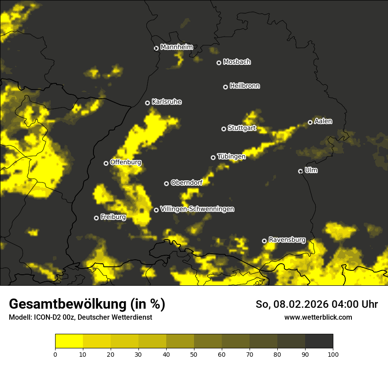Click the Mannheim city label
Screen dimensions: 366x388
176,47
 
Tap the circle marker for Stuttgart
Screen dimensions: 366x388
224,129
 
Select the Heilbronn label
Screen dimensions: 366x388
245,86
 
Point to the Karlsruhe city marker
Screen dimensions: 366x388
148,103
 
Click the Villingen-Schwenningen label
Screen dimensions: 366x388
197,209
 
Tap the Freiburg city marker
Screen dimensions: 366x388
97,218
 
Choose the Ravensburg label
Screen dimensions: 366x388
287,240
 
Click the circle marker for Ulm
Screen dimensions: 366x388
301,171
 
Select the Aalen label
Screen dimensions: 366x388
323,121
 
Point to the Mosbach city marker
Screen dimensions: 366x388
219,63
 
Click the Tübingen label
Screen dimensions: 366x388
231,157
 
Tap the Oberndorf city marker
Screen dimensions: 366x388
167,183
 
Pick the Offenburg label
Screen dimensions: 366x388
126,162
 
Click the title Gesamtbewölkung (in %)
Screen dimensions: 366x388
87,304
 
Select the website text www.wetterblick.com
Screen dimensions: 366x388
318,317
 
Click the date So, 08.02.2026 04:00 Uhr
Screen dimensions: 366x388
317,304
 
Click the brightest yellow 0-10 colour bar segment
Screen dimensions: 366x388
69,341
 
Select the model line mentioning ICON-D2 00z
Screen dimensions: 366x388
80,317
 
